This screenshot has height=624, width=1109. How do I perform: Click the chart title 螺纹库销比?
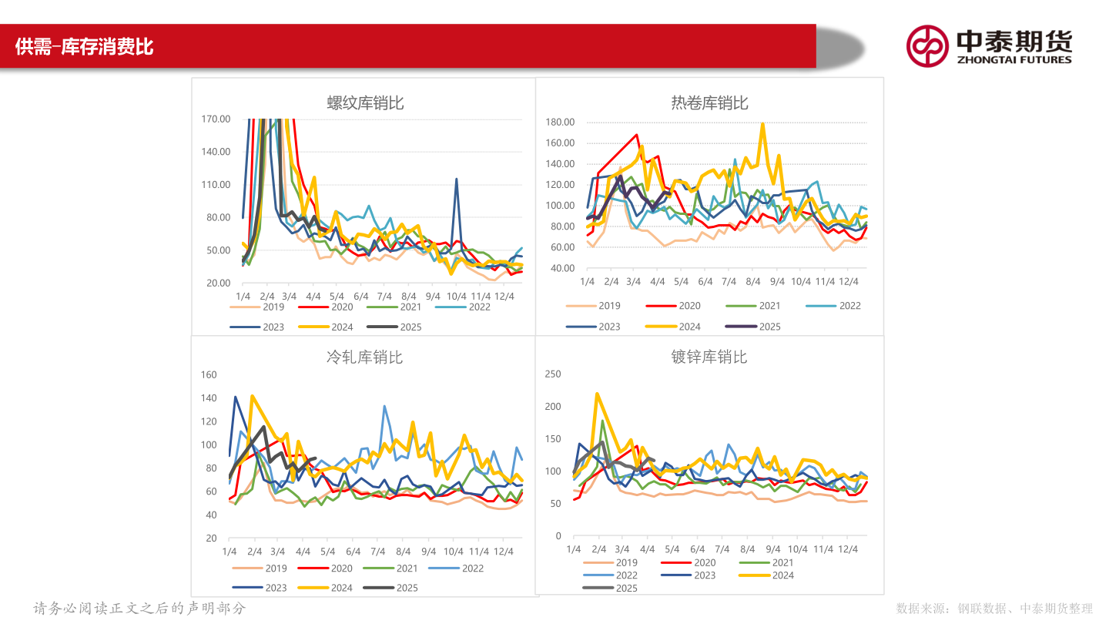(x=365, y=103)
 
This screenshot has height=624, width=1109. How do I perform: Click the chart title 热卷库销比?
(x=709, y=103)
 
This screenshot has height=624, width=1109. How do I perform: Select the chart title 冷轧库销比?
(x=364, y=357)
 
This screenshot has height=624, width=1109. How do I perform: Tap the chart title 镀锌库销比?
(x=709, y=357)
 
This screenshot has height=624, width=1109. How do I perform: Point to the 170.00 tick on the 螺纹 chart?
(x=216, y=119)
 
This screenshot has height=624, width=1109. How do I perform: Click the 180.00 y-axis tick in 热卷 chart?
(x=560, y=122)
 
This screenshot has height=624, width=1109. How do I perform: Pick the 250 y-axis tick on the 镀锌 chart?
(x=553, y=374)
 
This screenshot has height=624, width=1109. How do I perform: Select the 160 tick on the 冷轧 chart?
(x=209, y=374)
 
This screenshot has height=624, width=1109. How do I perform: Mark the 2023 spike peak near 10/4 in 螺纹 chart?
(x=457, y=179)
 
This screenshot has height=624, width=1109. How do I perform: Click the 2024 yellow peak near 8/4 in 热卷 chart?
(x=762, y=123)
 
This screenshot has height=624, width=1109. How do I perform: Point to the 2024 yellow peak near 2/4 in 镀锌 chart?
(x=598, y=394)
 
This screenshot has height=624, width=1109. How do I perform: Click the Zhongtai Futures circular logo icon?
(x=927, y=45)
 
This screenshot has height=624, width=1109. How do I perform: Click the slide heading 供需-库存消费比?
(x=85, y=47)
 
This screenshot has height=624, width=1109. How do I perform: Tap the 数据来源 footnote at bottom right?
(x=994, y=609)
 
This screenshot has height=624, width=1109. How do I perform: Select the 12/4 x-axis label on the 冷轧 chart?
(x=504, y=552)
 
